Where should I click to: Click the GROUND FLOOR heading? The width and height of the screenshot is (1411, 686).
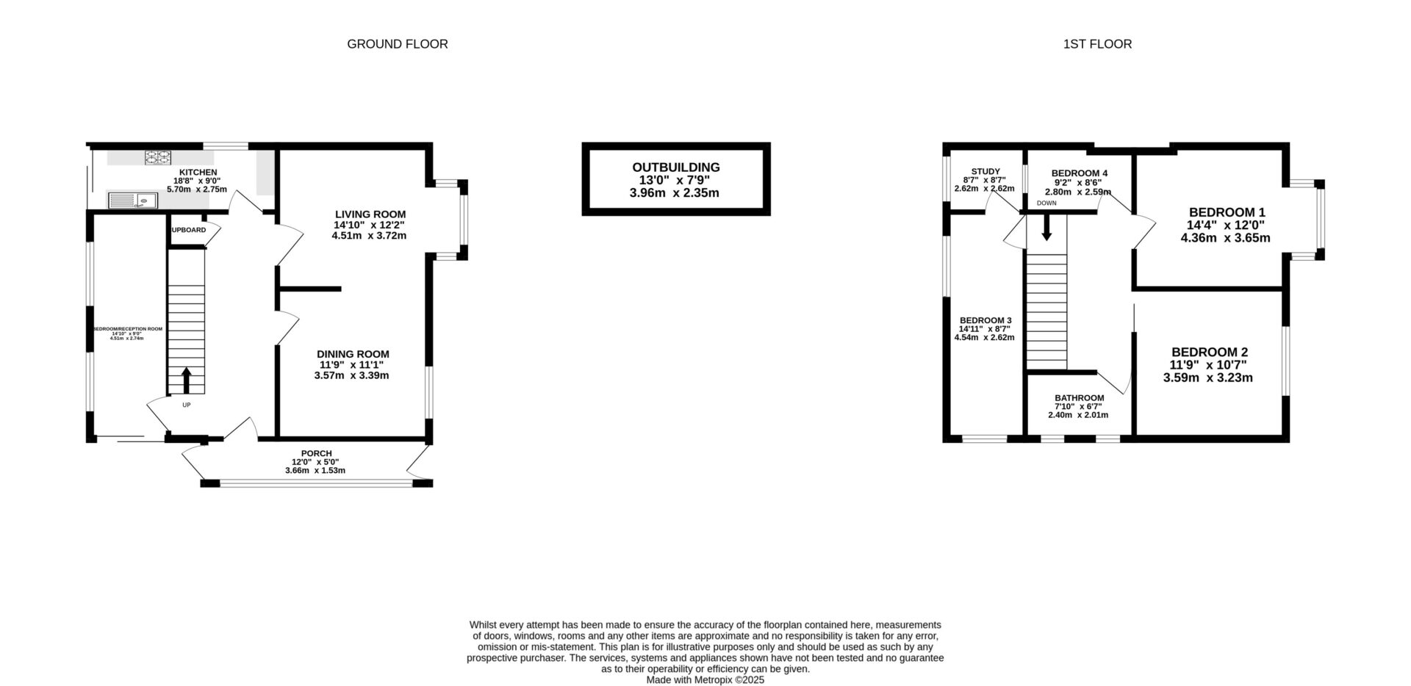[x=397, y=44]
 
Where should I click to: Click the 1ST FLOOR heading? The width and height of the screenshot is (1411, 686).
[x=1097, y=44]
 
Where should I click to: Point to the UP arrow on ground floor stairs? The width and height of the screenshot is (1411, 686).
[x=186, y=380]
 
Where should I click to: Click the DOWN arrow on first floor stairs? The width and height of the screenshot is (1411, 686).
[x=1046, y=229]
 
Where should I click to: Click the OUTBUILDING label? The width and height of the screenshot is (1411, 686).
[x=676, y=167]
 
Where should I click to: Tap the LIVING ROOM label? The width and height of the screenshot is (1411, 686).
[x=370, y=214]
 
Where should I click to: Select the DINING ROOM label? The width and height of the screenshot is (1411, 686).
[x=353, y=354]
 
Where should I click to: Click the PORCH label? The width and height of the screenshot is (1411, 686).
[x=316, y=453]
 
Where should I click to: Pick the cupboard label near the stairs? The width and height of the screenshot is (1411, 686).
[x=188, y=230]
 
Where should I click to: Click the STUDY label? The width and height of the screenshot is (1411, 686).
[x=985, y=171]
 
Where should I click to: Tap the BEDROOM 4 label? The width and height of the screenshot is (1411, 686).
[x=1079, y=173]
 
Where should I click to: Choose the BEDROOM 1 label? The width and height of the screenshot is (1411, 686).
[x=1227, y=212]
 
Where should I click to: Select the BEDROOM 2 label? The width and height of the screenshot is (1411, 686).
[x=1209, y=352]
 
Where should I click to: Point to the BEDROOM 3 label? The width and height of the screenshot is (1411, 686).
[x=985, y=321]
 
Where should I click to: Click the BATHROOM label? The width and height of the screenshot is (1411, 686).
[x=1079, y=398]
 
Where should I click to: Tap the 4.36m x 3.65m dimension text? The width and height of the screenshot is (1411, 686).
[x=1225, y=238]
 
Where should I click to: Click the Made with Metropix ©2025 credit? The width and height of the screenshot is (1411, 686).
[x=705, y=680]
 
